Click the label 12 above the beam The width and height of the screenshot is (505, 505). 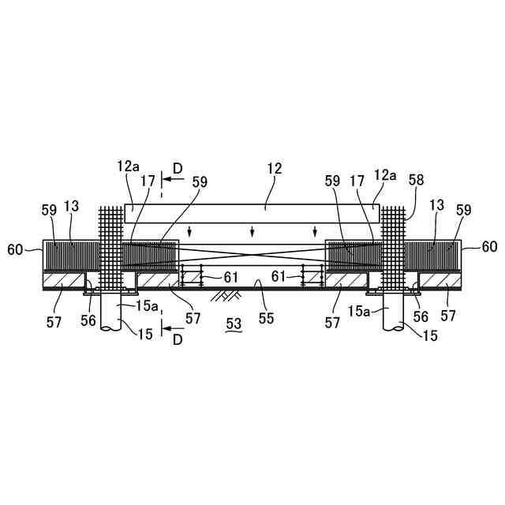coord(275,169)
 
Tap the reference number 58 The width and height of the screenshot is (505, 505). coord(416,179)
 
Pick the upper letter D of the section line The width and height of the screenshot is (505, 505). coord(178,168)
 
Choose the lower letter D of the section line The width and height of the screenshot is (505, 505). coord(178,340)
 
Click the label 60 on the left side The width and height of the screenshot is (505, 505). coord(16,249)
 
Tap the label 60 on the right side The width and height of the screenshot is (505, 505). coord(489,247)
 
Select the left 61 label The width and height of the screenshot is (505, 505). coord(230,277)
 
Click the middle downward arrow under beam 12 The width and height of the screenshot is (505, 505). coord(252,231)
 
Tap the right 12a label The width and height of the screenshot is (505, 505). coord(386,174)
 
